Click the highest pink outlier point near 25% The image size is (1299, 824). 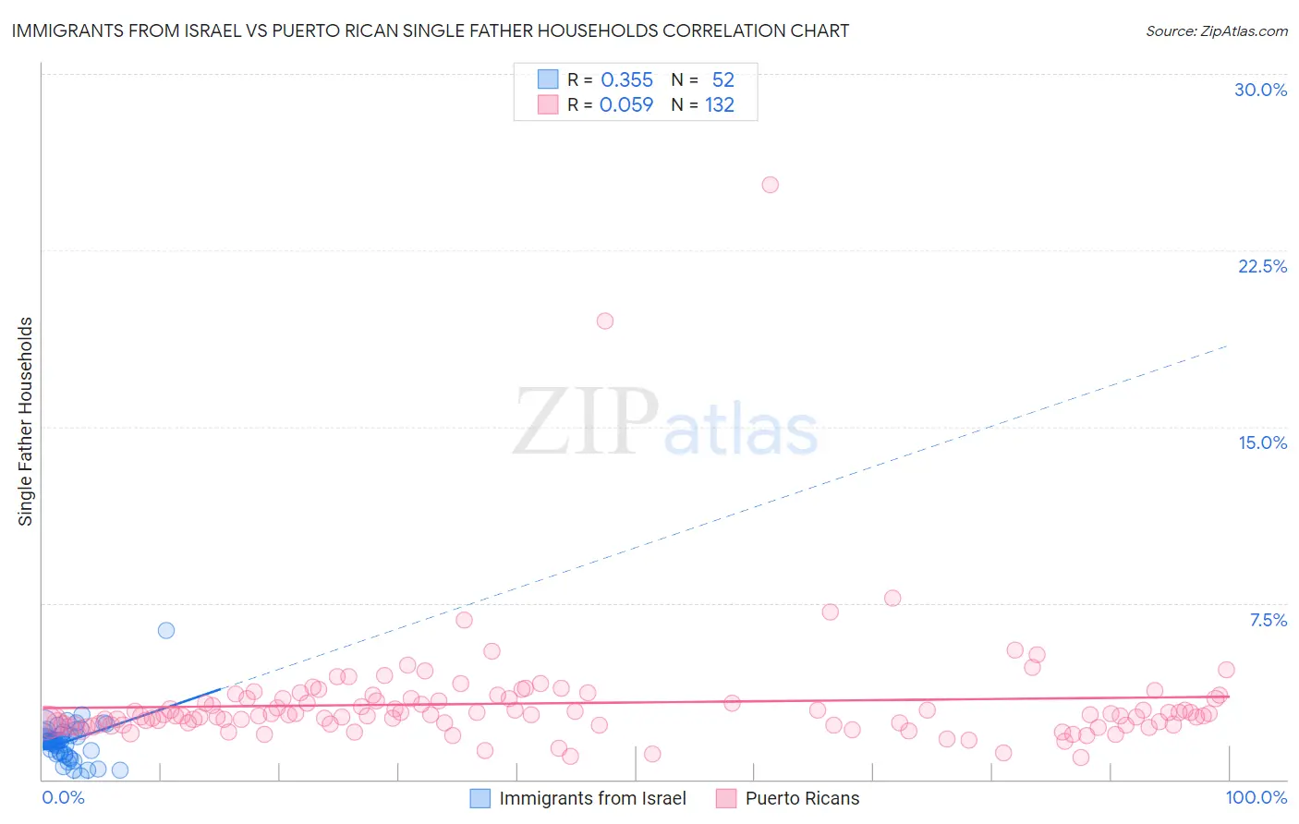(x=770, y=185)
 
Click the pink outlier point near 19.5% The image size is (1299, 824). (x=605, y=321)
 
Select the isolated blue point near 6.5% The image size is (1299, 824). (x=166, y=631)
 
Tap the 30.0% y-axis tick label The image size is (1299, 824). (x=1260, y=90)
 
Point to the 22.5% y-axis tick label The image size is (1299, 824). (x=1262, y=266)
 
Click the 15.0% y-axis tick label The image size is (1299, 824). (x=1262, y=442)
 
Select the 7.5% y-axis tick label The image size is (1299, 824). (x=1268, y=620)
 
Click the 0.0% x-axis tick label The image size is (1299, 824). (x=63, y=797)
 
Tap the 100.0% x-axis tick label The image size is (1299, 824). (x=1256, y=797)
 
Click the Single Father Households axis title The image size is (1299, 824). (x=26, y=421)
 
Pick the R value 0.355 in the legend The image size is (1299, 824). (x=626, y=80)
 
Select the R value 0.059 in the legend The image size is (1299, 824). (x=625, y=105)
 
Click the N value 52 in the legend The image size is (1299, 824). (x=722, y=80)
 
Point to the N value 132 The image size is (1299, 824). (x=719, y=105)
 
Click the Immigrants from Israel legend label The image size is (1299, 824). (x=592, y=798)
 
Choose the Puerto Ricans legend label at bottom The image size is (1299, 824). (x=802, y=798)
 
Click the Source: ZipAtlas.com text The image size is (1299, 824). (x=1216, y=31)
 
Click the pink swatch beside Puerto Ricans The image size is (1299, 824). (x=726, y=798)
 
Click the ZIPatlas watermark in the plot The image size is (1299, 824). (x=665, y=422)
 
